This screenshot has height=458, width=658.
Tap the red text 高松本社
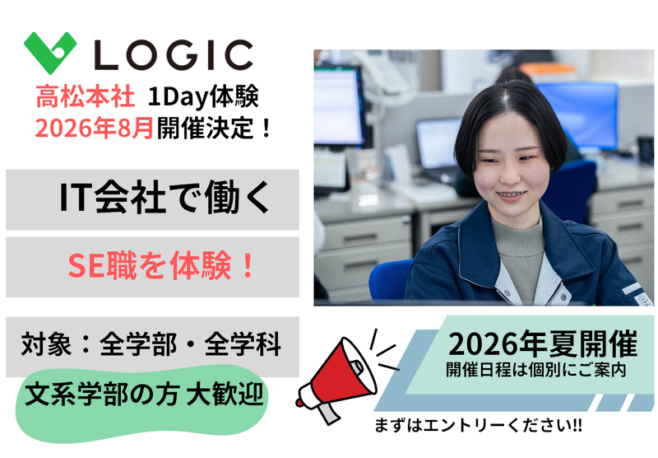pyautogui.click(x=85, y=99)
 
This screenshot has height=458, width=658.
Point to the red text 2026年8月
pyautogui.click(x=94, y=129)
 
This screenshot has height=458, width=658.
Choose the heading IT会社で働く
pyautogui.click(x=153, y=199)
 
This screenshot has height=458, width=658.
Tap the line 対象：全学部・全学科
pyautogui.click(x=152, y=343)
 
